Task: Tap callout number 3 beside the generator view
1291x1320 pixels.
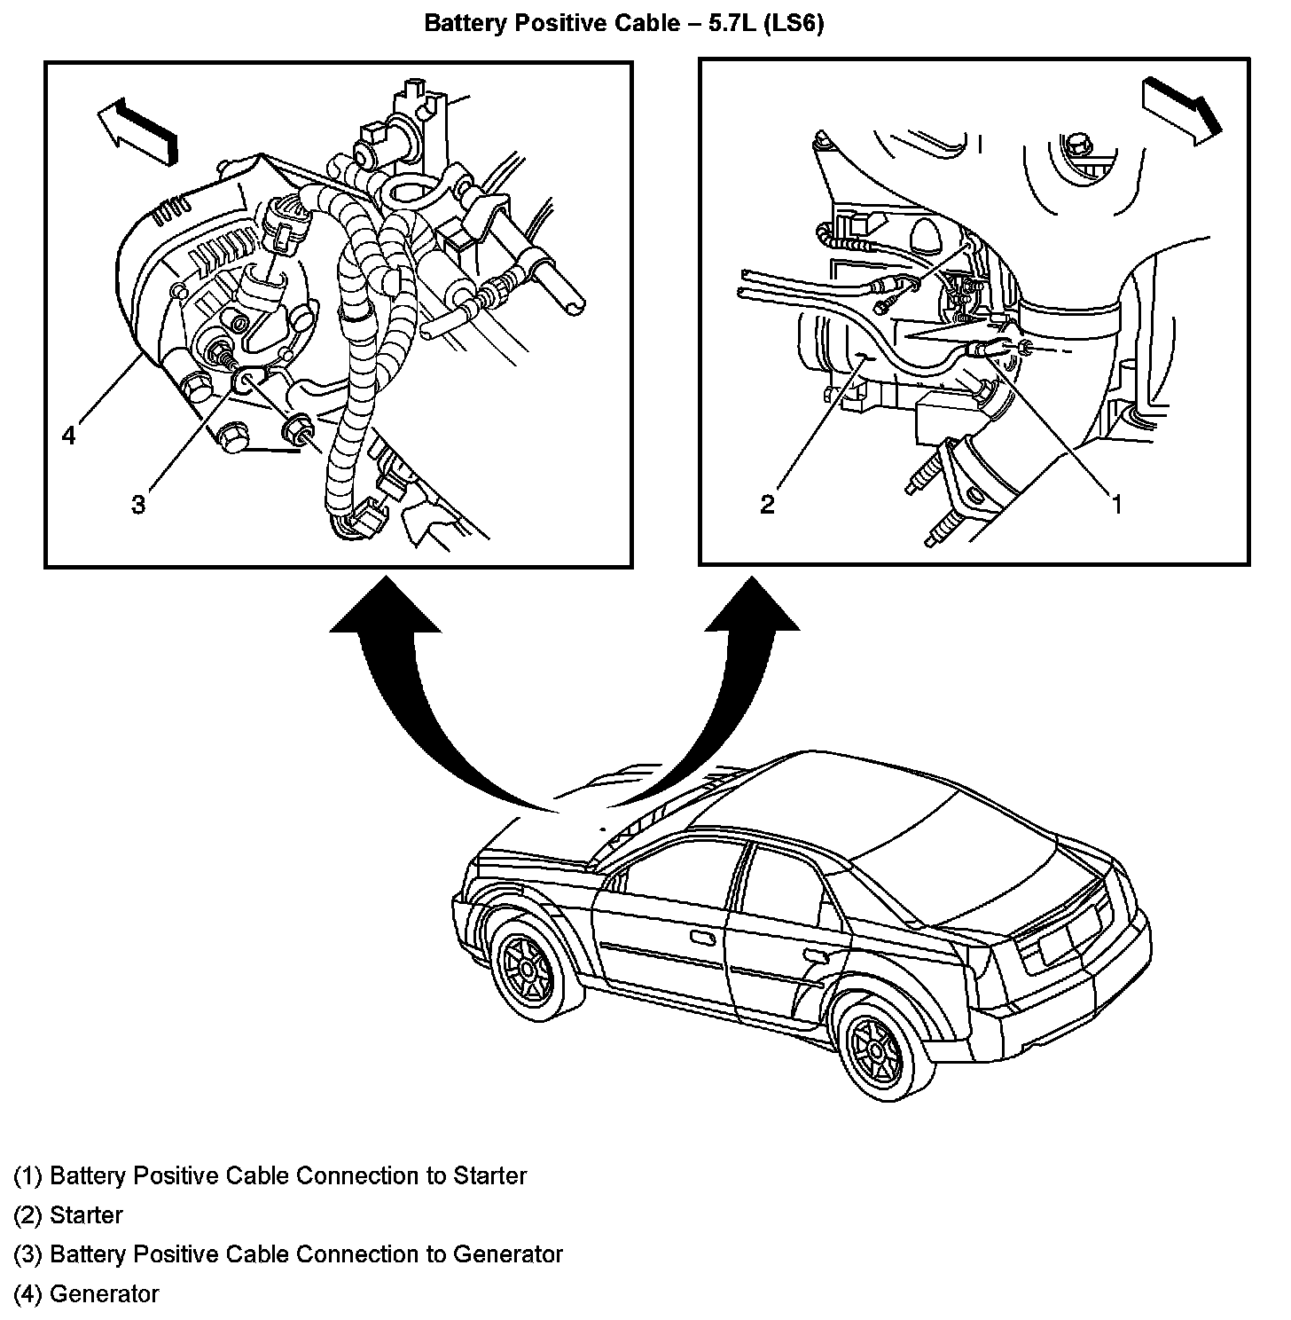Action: (x=137, y=505)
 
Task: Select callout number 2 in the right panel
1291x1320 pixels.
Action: (x=768, y=504)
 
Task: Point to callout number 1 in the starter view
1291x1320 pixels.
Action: (x=1117, y=504)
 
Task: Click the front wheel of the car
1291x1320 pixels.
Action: (x=529, y=969)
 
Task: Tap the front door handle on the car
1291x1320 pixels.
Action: (x=702, y=938)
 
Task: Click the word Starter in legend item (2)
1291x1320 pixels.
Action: (x=86, y=1215)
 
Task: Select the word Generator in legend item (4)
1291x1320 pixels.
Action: (x=104, y=1293)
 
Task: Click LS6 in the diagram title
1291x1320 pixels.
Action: (x=794, y=23)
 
